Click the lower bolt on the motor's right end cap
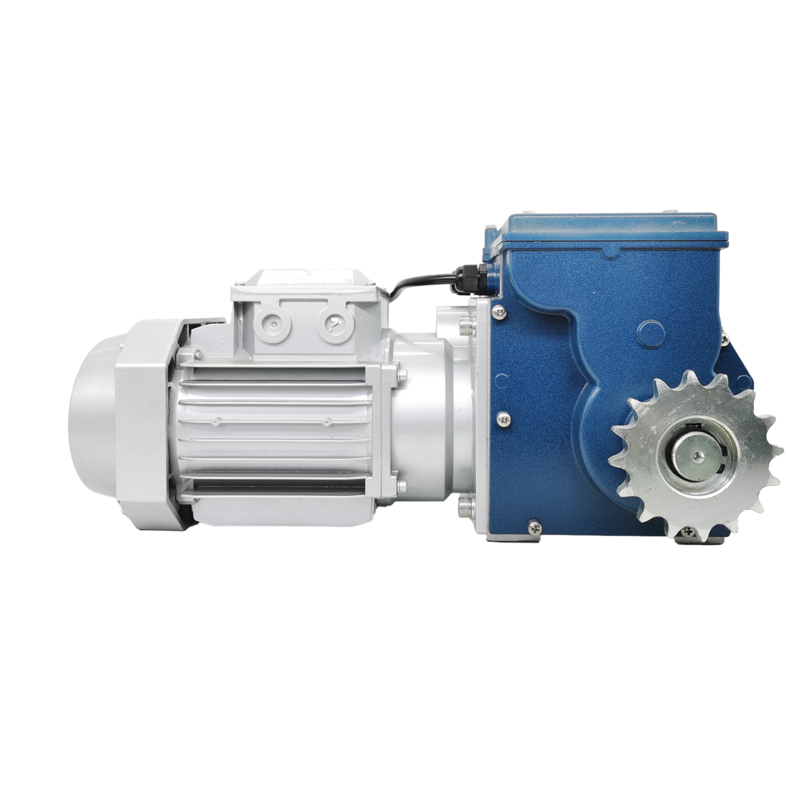point(402,485)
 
